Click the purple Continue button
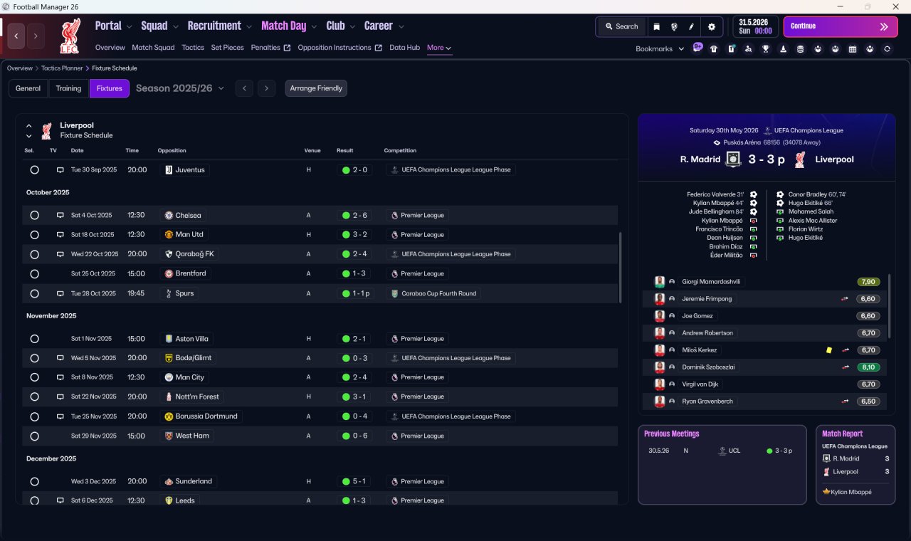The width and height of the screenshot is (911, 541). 841,26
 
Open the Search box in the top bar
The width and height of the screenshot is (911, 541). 622,26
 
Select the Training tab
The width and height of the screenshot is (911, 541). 68,88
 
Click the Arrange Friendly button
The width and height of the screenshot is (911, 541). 316,88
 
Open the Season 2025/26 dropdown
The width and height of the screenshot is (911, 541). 180,88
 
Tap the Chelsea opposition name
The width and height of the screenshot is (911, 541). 188,215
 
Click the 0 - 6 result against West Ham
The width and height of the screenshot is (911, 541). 354,436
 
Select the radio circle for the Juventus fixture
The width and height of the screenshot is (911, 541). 35,170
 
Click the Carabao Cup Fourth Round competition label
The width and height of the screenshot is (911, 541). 438,293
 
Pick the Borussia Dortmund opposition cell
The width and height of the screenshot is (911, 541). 201,416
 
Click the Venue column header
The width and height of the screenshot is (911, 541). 312,150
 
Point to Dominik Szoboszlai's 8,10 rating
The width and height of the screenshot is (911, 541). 868,367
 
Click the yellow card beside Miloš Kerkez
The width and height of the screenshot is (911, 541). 829,350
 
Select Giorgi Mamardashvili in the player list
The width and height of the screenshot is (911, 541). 711,281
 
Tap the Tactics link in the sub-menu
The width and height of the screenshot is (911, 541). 193,48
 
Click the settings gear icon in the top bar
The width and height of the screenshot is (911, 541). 711,27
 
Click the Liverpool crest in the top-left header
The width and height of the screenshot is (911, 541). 70,36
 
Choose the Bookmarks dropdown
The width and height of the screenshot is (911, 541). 659,49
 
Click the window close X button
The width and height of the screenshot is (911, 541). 895,6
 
